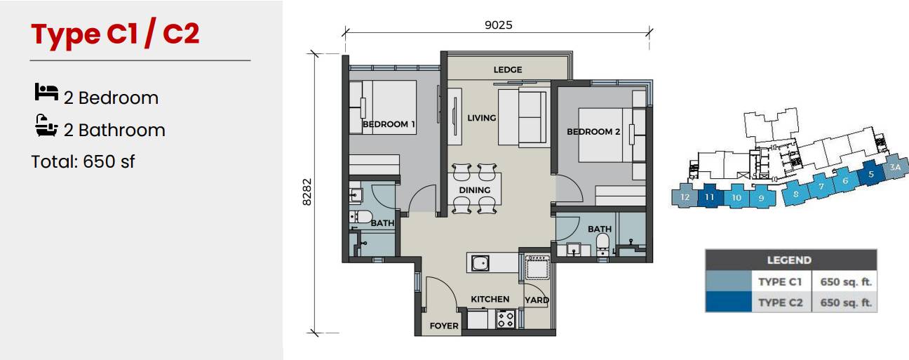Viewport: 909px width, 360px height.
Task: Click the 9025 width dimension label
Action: click(x=498, y=25)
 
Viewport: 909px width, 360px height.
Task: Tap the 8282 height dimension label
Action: click(x=307, y=192)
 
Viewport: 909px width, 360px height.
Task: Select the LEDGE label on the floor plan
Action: click(x=508, y=69)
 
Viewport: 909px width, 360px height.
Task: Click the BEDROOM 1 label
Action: click(x=389, y=124)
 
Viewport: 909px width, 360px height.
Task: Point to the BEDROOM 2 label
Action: click(x=593, y=131)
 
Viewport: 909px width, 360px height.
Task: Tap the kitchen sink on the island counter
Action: click(x=480, y=264)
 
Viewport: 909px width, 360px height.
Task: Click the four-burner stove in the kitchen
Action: click(x=506, y=319)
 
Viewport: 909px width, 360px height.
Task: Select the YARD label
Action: click(x=537, y=300)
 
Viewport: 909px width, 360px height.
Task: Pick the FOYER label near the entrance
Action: click(x=444, y=326)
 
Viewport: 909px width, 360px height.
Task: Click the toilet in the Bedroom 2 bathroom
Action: click(x=602, y=245)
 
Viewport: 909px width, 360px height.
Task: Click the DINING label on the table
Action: click(x=474, y=190)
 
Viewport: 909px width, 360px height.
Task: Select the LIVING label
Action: click(x=481, y=118)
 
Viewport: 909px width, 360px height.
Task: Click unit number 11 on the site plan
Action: click(x=709, y=197)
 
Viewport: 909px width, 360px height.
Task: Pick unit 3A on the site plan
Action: click(x=895, y=167)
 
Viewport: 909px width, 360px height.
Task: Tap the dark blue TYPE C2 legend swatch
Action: click(x=729, y=302)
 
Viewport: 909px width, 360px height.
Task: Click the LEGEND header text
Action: click(x=789, y=260)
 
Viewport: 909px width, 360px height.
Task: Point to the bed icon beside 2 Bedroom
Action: click(x=46, y=92)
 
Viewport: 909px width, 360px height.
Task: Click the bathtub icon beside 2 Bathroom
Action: click(x=46, y=126)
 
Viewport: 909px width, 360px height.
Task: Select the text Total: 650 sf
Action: click(x=83, y=161)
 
